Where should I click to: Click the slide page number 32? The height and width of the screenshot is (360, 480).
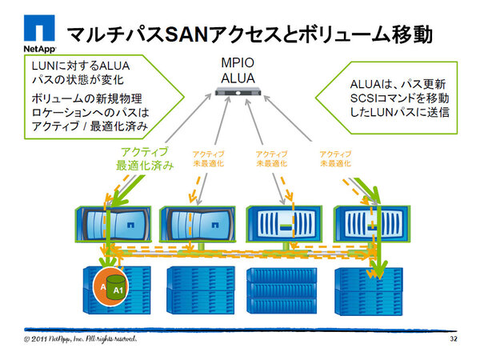tap(454, 339)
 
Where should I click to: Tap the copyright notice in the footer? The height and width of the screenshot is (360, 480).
tap(80, 339)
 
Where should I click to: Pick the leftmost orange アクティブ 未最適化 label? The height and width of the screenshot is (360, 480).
tap(208, 158)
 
